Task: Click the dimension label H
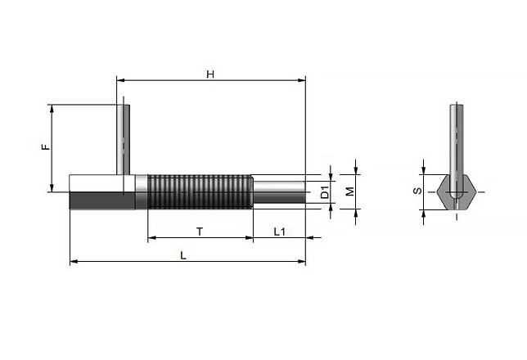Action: pos(210,74)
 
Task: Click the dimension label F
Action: pos(45,146)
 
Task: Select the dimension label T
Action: pos(200,232)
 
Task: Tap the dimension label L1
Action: pos(279,232)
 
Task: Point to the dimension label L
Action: pos(183,255)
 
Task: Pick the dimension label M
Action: pos(350,191)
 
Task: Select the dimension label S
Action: pos(417,191)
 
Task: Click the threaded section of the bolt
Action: pos(200,191)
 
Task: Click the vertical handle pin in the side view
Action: pos(124,139)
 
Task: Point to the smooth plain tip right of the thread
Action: pos(279,192)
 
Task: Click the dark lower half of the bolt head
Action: pos(102,200)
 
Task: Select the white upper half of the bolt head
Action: pos(102,183)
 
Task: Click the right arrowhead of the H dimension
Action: pos(301,80)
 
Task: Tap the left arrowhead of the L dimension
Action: pos(74,261)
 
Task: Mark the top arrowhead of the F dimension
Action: pos(52,109)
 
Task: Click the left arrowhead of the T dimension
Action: pos(152,237)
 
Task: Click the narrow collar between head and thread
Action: pos(141,191)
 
